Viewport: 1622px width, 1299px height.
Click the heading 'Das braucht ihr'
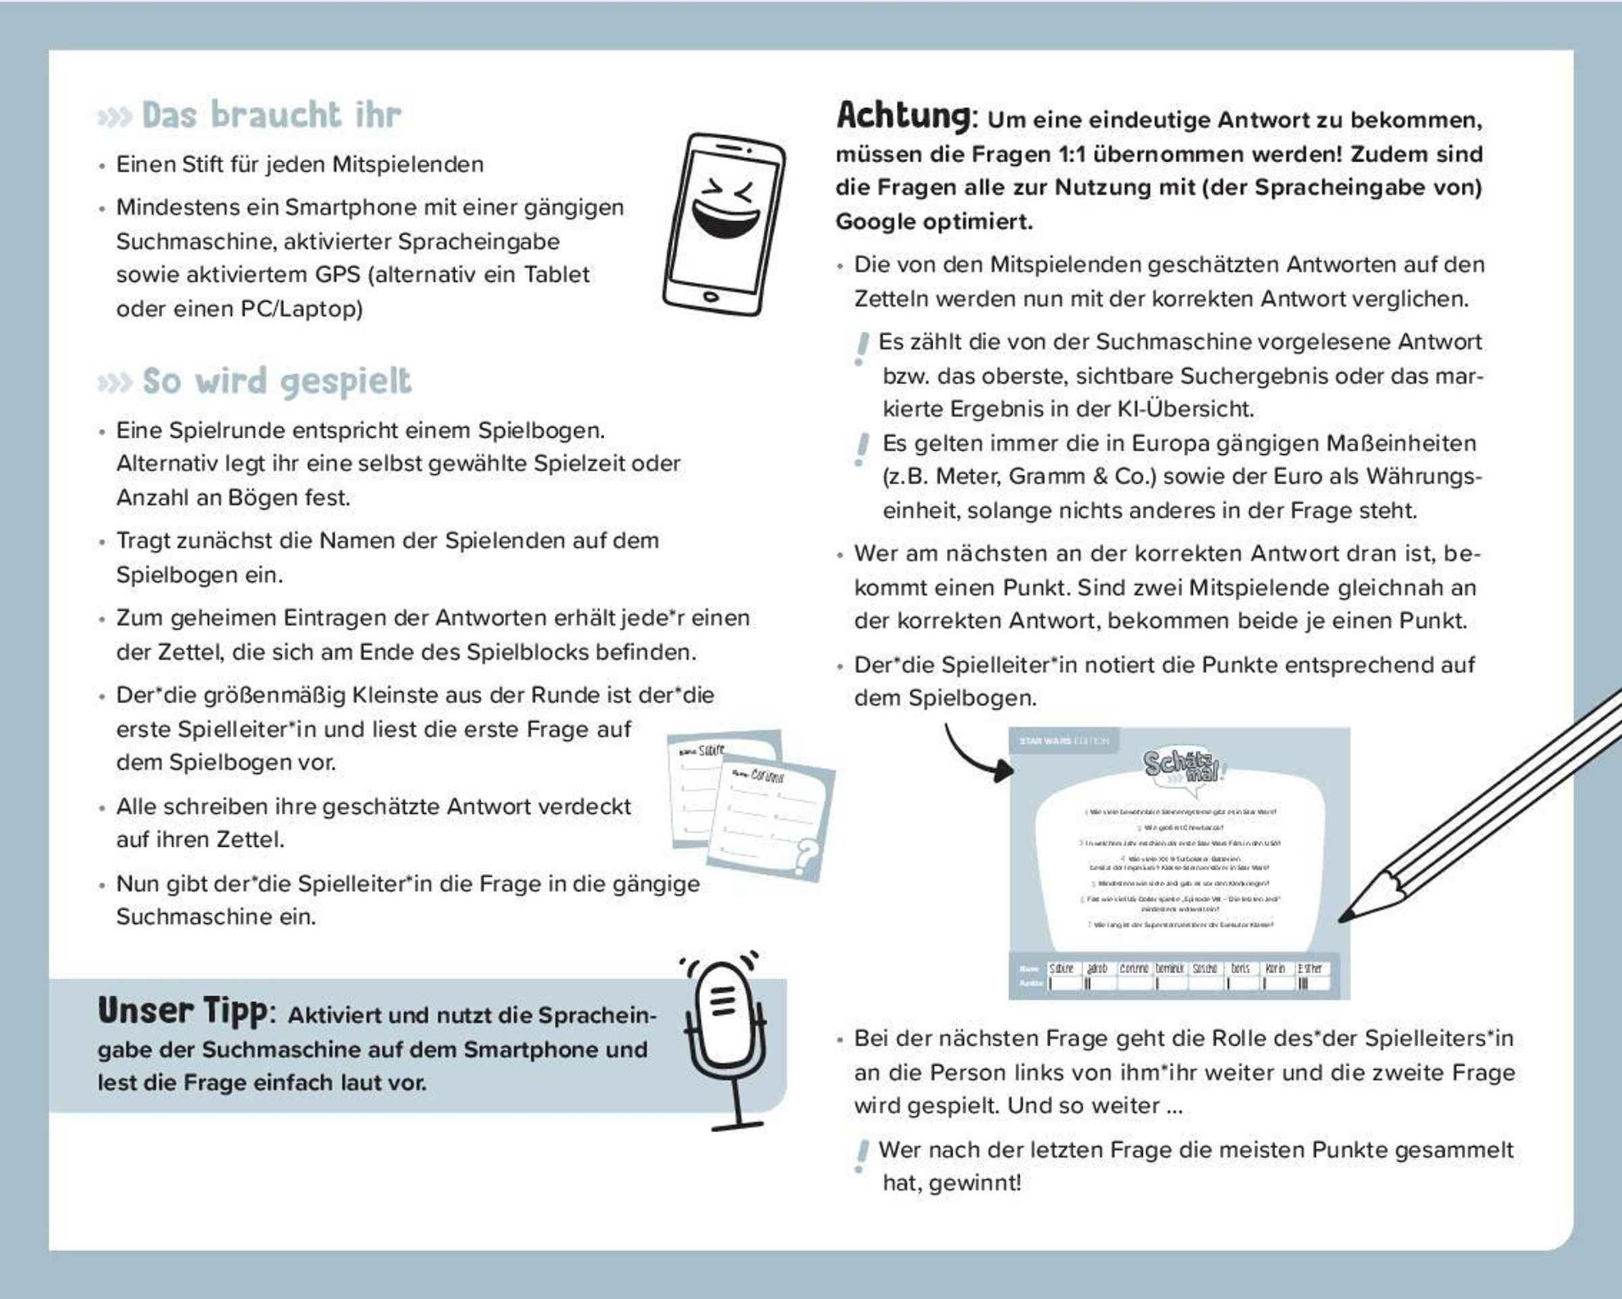pos(271,115)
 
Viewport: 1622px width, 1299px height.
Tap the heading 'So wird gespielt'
pos(277,381)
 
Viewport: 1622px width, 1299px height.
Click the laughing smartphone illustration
pos(724,224)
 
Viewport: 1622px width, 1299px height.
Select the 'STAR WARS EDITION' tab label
pos(1064,741)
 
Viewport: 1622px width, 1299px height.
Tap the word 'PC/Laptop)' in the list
pos(301,309)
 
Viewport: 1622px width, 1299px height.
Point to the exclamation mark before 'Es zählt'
pos(862,349)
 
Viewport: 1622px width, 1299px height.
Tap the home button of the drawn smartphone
pos(710,296)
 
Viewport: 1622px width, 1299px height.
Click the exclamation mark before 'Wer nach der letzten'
pos(862,1156)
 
